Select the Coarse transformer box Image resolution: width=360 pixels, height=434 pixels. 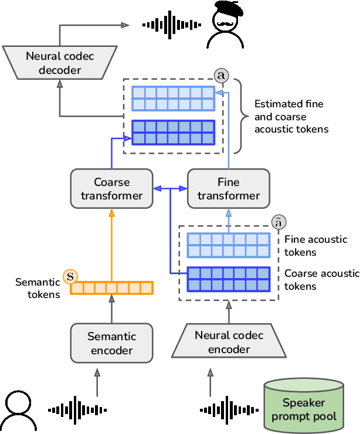111,188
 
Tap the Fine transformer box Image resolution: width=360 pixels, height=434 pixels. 229,188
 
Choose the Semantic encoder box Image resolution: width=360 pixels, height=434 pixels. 111,344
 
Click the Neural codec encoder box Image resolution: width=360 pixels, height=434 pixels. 229,343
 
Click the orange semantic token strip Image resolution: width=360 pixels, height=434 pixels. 111,288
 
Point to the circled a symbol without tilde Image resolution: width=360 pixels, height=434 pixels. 221,76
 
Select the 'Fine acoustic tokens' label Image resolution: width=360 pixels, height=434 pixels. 315,246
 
